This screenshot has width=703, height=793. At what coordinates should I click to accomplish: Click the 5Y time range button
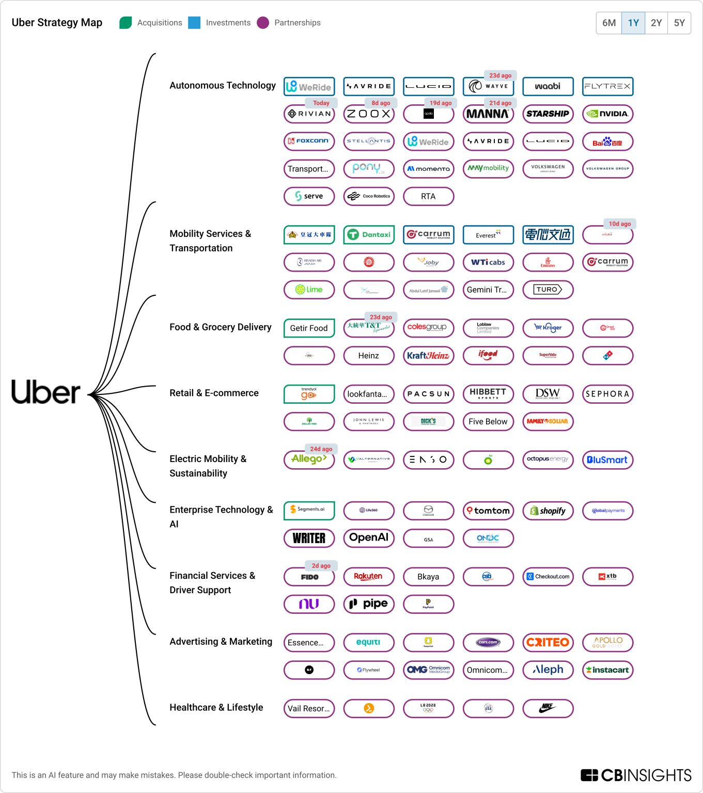679,23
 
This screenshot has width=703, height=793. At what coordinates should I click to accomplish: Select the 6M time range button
609,23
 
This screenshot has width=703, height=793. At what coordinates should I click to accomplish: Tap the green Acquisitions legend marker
126,23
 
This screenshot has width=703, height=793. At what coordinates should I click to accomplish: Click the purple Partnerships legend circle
263,23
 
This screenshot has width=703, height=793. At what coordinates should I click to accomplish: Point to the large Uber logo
46,392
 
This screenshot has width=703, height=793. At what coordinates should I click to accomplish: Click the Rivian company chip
309,114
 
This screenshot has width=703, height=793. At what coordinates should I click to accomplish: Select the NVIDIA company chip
607,114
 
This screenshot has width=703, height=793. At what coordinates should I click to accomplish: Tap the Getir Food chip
309,328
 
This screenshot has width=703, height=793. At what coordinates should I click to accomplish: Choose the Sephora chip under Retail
607,394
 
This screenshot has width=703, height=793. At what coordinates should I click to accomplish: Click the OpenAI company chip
369,538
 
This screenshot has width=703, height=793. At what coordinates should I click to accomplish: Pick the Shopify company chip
548,511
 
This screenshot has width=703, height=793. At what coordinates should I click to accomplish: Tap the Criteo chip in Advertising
548,643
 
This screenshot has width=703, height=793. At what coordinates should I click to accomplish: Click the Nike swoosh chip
548,708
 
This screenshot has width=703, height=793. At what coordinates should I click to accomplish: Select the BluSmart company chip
607,460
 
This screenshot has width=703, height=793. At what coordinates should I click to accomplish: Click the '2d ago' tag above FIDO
321,566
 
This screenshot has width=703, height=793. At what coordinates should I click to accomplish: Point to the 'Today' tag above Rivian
321,103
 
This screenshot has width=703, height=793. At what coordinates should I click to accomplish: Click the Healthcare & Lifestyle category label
216,708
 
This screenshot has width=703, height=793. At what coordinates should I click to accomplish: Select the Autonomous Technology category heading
223,86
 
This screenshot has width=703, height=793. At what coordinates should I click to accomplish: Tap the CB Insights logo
636,775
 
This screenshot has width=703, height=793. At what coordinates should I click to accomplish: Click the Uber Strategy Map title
57,23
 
